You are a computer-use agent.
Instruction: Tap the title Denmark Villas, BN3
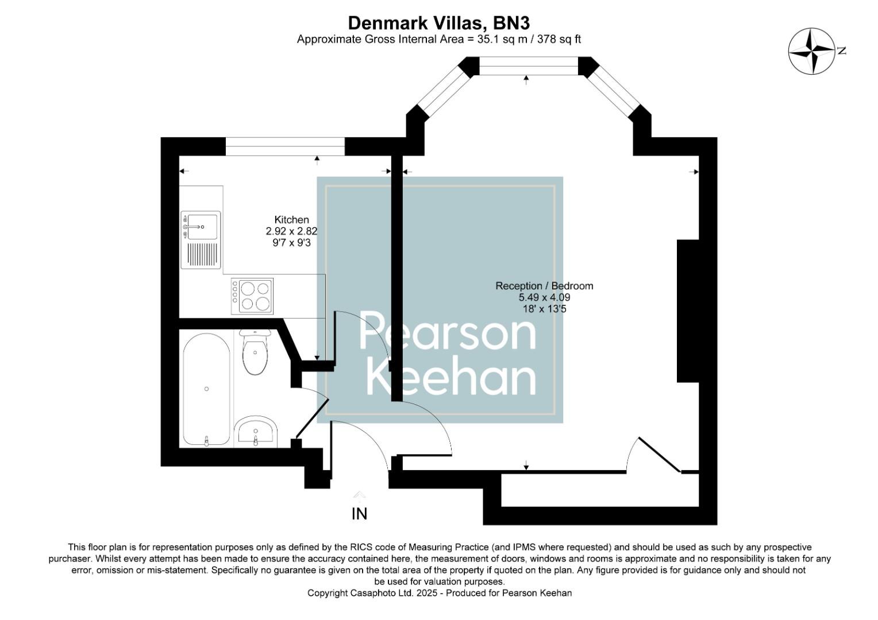[438, 23]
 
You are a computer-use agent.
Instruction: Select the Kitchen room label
[291, 220]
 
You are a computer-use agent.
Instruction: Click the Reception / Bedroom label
[544, 286]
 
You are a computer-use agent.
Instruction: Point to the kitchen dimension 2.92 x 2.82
[291, 231]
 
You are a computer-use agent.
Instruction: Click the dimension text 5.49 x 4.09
[544, 297]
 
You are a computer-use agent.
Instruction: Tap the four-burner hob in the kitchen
[252, 296]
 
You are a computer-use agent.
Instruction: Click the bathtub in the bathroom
[206, 389]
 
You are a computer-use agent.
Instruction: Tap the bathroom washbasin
[256, 431]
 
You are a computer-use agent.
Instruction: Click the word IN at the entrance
[359, 514]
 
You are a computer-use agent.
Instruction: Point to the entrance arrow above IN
[359, 495]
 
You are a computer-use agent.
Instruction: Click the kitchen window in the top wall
[285, 147]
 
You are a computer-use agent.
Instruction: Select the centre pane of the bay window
[528, 66]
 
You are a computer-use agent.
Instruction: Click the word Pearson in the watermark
[447, 332]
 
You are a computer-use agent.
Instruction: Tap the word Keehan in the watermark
[451, 378]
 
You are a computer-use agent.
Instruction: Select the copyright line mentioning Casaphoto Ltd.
[440, 593]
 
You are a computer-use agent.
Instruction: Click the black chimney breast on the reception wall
[688, 311]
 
